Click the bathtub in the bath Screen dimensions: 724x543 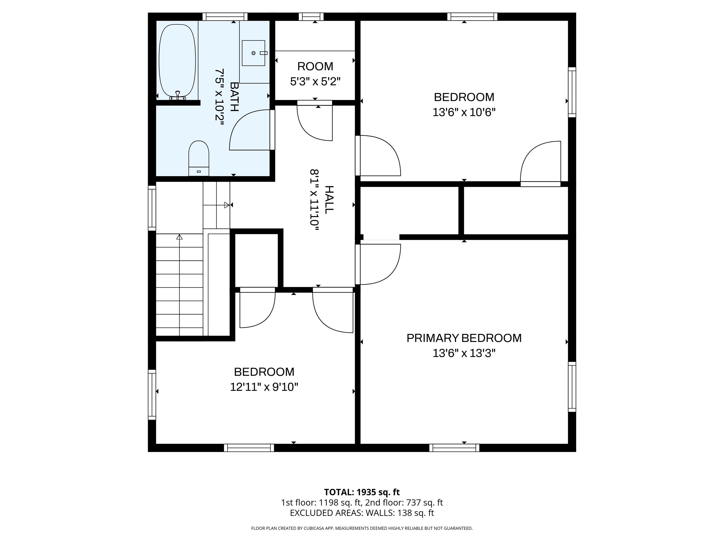pyautogui.click(x=177, y=61)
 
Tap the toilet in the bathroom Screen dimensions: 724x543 pyautogui.click(x=199, y=158)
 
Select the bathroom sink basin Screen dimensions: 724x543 pyautogui.click(x=253, y=53)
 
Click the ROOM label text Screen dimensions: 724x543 pyautogui.click(x=315, y=66)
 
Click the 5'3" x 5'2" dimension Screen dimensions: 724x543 pyautogui.click(x=315, y=82)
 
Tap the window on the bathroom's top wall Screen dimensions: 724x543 pyautogui.click(x=225, y=16)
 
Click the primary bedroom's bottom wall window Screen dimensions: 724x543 pyautogui.click(x=454, y=448)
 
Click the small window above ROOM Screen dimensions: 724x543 pyautogui.click(x=311, y=16)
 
